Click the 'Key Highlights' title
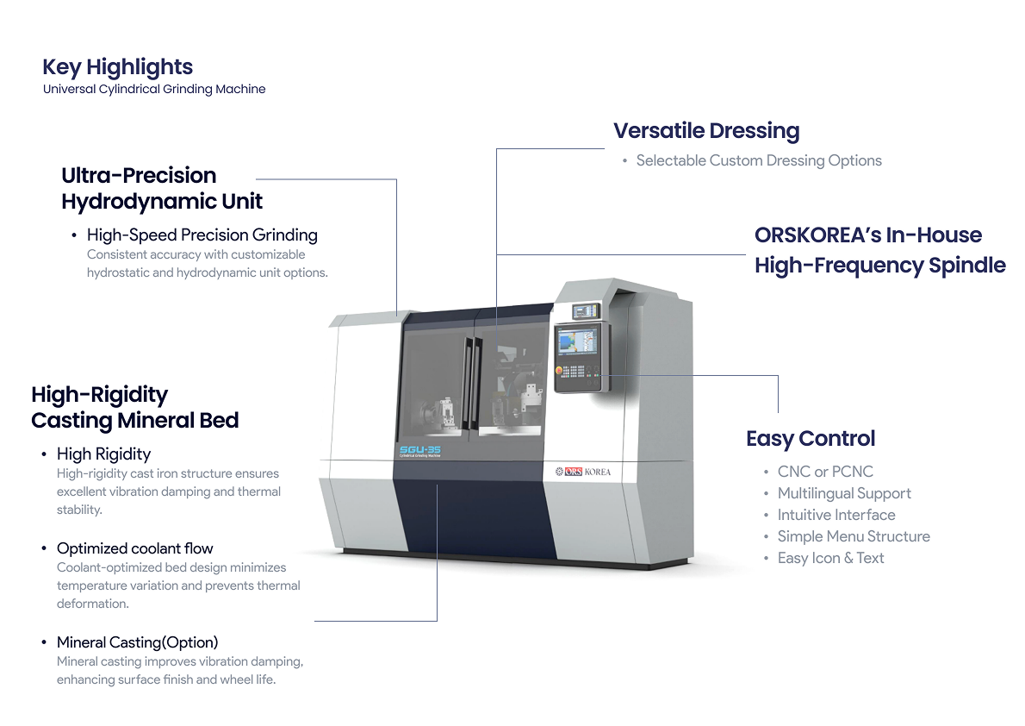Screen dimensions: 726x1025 pos(117,67)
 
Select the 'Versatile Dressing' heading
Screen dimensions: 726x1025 pos(706,131)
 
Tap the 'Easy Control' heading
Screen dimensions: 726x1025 pos(810,438)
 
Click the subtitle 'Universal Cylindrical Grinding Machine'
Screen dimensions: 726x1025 pos(154,89)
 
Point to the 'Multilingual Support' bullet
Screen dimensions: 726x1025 pos(843,493)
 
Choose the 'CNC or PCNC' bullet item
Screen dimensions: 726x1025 pos(824,472)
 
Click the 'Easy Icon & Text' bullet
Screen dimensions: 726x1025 pos(830,558)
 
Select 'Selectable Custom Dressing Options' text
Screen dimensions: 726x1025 pos(758,160)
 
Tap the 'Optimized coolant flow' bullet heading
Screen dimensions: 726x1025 pos(134,548)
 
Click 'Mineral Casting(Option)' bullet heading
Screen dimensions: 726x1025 pos(137,642)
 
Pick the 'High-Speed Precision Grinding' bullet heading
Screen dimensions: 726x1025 pos(202,235)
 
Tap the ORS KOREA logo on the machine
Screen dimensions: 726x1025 pos(583,472)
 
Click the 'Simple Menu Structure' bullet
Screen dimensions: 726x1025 pos(853,536)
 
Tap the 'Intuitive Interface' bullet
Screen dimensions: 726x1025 pos(836,515)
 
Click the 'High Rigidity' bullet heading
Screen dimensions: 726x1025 pos(103,454)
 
